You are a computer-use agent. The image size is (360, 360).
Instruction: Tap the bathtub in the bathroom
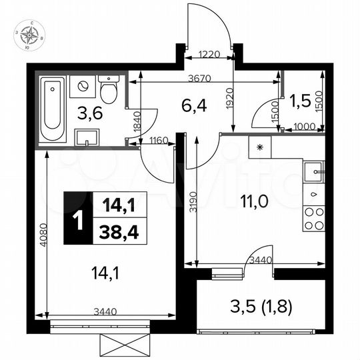(51, 109)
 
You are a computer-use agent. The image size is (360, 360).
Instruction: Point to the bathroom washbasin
(87, 137)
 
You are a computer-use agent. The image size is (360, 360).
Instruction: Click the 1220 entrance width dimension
(210, 57)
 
